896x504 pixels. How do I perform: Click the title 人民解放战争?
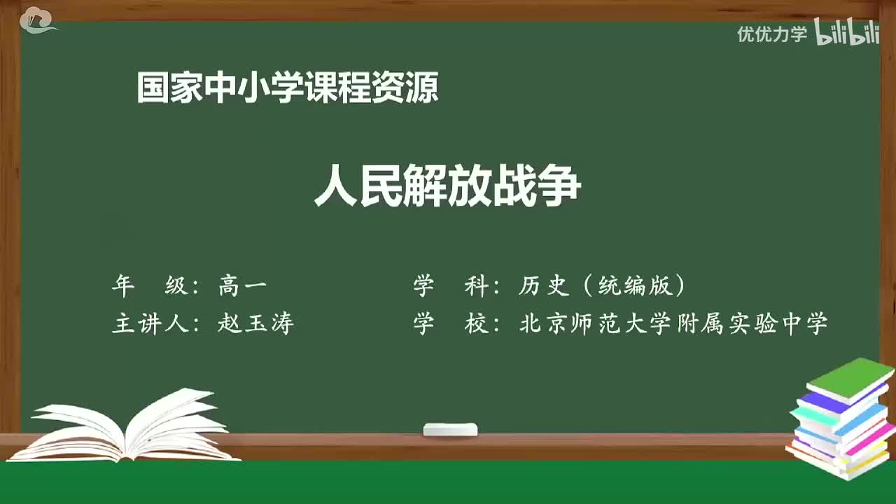tap(448, 187)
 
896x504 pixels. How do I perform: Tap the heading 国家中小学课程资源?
tap(288, 88)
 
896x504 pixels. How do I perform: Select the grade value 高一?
tap(242, 286)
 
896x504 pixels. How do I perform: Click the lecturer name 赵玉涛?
tap(255, 323)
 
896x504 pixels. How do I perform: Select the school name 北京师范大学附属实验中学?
tap(673, 323)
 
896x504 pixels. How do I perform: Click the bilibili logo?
tap(846, 33)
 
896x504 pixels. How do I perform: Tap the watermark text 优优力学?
tap(771, 34)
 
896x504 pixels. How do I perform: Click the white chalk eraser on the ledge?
tap(450, 429)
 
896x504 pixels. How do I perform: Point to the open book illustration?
tap(126, 427)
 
